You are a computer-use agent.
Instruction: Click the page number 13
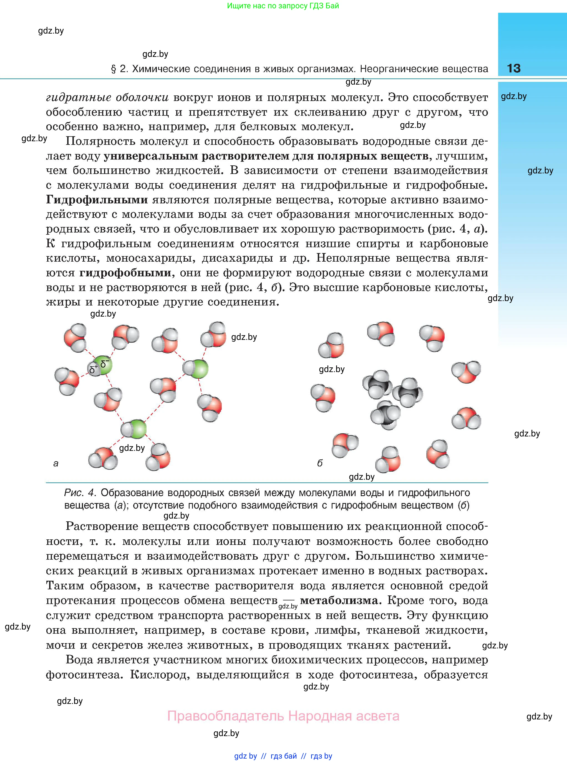[513, 68]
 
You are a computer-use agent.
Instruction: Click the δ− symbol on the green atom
[105, 363]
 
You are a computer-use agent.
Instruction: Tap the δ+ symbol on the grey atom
[93, 369]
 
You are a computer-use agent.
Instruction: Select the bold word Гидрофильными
[97, 200]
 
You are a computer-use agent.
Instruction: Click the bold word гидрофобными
[125, 273]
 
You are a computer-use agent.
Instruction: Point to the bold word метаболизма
[339, 600]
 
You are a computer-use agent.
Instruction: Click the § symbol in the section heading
[114, 69]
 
